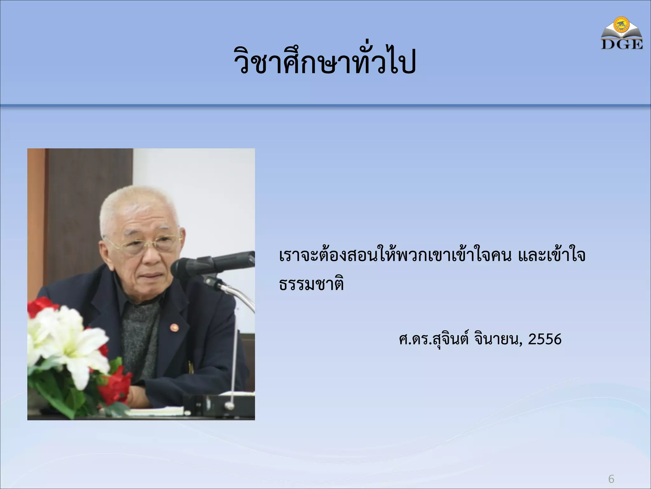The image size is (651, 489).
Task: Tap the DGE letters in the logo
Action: (x=622, y=45)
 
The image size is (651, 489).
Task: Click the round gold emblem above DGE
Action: (x=622, y=25)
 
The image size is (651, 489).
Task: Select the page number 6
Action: (x=611, y=479)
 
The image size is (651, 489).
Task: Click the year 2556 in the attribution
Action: (x=545, y=339)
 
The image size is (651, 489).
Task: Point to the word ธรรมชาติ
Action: (x=312, y=284)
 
